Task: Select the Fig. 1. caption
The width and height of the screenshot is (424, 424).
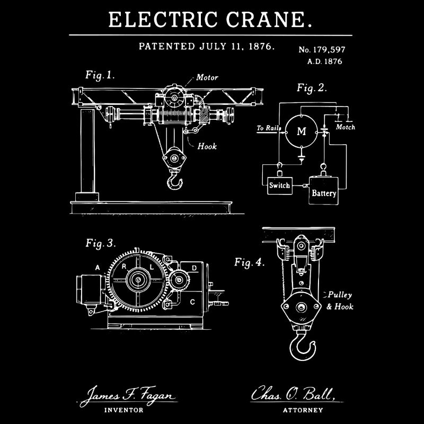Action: [x=100, y=75]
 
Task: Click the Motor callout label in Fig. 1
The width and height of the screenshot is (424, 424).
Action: [x=207, y=77]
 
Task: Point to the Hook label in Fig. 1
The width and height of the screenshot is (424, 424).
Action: [x=207, y=146]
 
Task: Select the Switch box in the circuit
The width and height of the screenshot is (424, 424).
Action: [x=279, y=185]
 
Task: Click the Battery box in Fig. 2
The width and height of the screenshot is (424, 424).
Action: [x=324, y=192]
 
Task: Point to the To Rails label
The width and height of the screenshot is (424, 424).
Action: [x=268, y=128]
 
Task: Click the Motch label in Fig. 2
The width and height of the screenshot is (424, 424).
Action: [x=346, y=127]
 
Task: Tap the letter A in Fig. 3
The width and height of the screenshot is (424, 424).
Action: [x=97, y=267]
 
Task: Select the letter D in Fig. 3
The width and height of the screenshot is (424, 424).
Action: [x=195, y=268]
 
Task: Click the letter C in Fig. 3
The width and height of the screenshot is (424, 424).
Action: [x=192, y=302]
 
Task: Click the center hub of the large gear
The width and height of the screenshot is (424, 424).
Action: [x=138, y=279]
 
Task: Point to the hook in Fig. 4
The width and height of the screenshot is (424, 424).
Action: [x=303, y=344]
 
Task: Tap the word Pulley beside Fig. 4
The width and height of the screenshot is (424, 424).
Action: [x=340, y=295]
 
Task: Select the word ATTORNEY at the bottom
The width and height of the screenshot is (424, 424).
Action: [x=303, y=410]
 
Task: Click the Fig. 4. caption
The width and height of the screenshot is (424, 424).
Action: [x=249, y=262]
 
